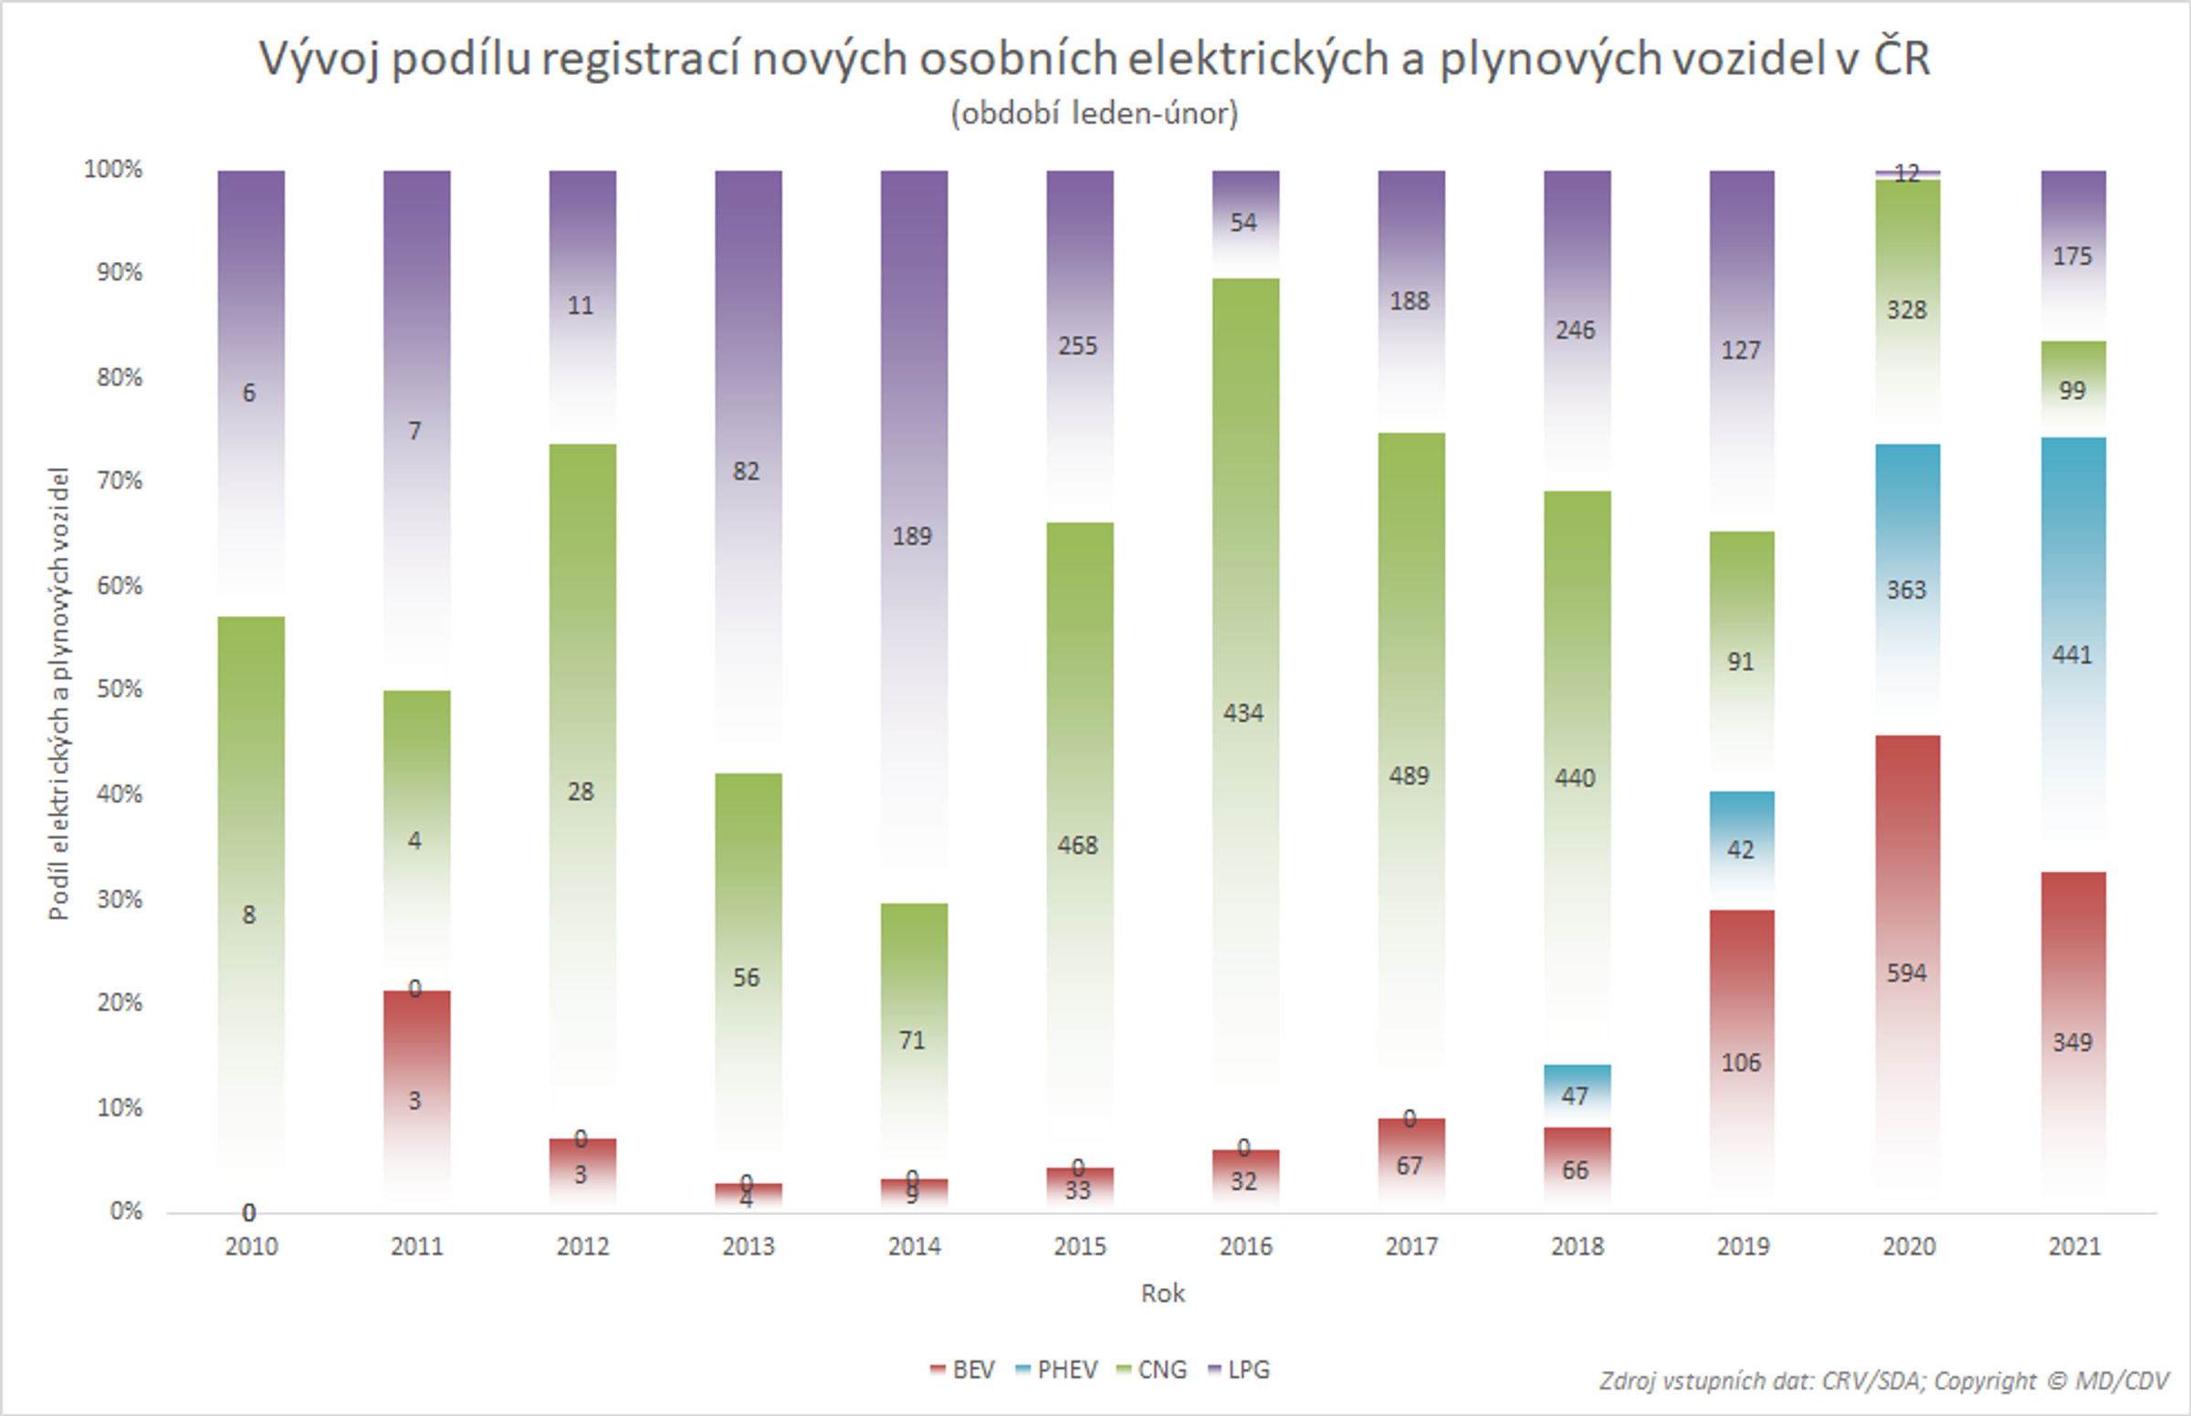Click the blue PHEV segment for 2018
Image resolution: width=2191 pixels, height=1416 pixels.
1577,1089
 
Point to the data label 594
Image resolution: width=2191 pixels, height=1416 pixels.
1906,973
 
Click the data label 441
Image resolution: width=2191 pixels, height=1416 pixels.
2071,655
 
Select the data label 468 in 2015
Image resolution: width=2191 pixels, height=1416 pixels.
1077,845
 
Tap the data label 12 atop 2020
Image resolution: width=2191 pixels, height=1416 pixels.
1908,173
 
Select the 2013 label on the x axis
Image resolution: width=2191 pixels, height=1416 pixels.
748,1247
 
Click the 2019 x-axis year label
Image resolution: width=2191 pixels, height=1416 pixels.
1743,1247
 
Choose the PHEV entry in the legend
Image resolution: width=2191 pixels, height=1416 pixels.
1066,1370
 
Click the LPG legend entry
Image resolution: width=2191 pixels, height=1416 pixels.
1248,1370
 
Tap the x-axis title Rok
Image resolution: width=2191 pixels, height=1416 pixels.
1162,1294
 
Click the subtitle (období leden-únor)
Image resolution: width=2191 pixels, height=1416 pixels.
1094,113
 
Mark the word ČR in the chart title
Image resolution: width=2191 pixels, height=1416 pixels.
1902,58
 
